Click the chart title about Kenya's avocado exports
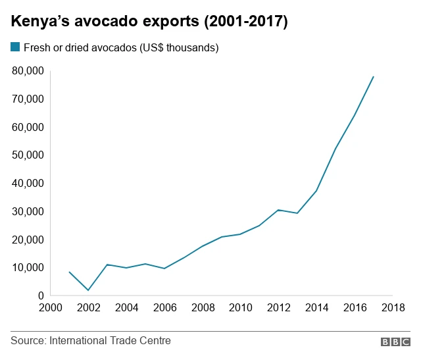click(149, 22)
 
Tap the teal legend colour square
click(15, 47)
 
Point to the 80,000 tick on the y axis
click(28, 70)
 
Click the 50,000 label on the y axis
click(28, 155)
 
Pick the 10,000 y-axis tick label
click(28, 268)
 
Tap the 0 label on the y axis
click(40, 296)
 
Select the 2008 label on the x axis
click(203, 307)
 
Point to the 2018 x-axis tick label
click(393, 307)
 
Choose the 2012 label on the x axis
click(278, 307)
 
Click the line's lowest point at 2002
click(87, 290)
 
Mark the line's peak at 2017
click(374, 76)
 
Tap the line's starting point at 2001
click(68, 272)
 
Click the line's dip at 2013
click(297, 213)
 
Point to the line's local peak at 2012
click(278, 210)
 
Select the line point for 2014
click(316, 191)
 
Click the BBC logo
click(395, 342)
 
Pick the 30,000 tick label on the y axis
click(28, 211)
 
